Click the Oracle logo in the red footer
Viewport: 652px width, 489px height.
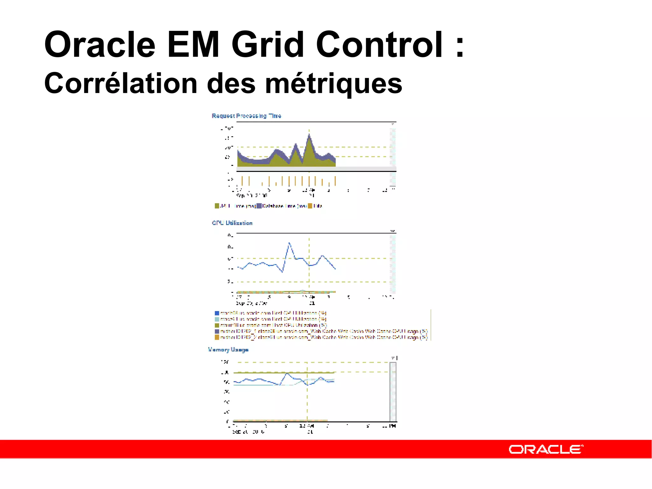coord(546,449)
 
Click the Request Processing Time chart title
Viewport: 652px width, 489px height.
coord(246,116)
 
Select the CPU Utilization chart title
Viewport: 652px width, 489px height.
coord(232,223)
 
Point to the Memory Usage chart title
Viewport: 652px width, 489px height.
coord(228,350)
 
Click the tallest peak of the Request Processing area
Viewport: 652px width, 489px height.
coord(309,135)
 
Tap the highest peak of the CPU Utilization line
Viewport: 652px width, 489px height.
coord(289,243)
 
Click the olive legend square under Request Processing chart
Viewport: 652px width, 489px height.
coord(217,206)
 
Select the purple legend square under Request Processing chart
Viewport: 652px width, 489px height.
coord(259,206)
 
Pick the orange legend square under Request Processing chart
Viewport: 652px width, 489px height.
coord(310,206)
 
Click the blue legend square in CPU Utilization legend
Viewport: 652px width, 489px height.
coord(217,313)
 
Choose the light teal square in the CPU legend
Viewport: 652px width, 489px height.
coord(217,319)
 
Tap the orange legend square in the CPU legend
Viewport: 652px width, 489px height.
coord(217,337)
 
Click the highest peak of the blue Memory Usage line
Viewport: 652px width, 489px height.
coord(287,373)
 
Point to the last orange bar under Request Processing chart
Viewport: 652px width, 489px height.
coord(335,181)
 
